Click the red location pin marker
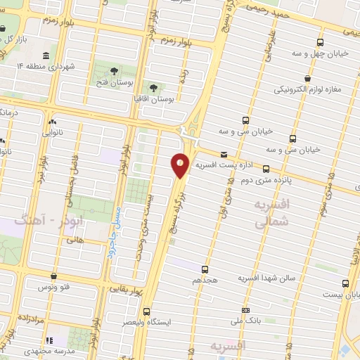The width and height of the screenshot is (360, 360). [x=181, y=165]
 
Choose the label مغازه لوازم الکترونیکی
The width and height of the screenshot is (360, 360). [x=308, y=89]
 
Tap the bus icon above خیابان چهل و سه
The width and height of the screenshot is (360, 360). [x=320, y=43]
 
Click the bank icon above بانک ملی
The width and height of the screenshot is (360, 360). [x=245, y=310]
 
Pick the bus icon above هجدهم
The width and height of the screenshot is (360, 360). [x=205, y=269]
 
